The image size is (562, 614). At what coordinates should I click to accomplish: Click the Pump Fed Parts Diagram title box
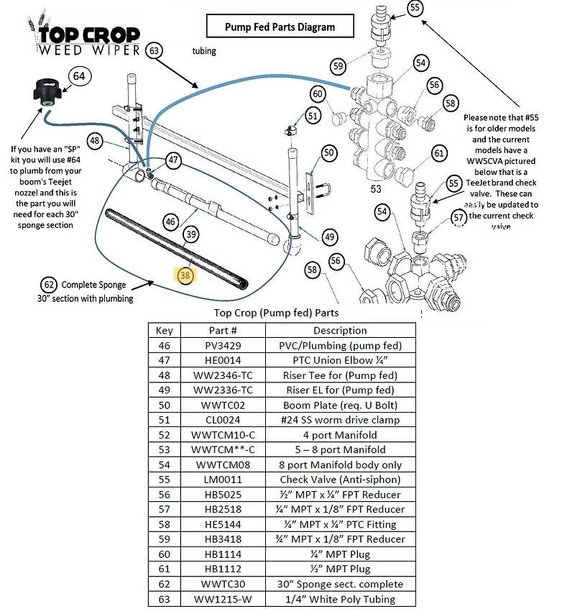(x=280, y=27)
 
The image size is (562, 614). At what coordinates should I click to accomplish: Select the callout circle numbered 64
(x=80, y=76)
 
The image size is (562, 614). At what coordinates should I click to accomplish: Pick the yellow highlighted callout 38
(x=185, y=275)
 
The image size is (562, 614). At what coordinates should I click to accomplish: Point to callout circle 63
(x=154, y=50)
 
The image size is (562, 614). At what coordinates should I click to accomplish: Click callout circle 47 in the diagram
(x=173, y=160)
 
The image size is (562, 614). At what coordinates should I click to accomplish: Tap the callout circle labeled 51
(x=312, y=115)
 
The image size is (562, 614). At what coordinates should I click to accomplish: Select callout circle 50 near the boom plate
(x=328, y=152)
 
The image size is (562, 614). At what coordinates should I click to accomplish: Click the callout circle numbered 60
(x=318, y=93)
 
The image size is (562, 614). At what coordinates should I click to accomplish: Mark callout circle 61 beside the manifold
(x=439, y=153)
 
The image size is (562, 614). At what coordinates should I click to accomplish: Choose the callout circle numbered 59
(x=338, y=66)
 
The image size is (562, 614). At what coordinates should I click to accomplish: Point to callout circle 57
(x=459, y=218)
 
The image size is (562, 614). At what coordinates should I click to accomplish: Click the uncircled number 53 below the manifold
(x=375, y=189)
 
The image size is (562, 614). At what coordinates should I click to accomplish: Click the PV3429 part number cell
(x=223, y=345)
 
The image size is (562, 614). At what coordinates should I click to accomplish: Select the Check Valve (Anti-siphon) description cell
(x=339, y=480)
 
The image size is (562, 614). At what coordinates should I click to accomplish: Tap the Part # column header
(x=223, y=330)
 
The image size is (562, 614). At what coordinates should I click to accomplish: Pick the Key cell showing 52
(x=164, y=435)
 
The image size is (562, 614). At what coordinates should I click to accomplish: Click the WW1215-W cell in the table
(x=223, y=599)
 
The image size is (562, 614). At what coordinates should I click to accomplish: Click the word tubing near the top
(x=203, y=51)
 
